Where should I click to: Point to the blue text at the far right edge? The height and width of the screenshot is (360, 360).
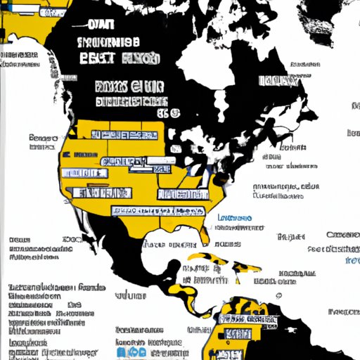[352, 260]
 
